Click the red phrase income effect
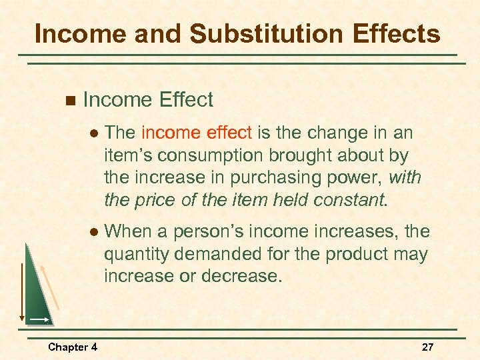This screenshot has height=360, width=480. [x=197, y=133]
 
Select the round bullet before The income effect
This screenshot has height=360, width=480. [x=94, y=133]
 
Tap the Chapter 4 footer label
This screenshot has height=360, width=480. [x=73, y=347]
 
